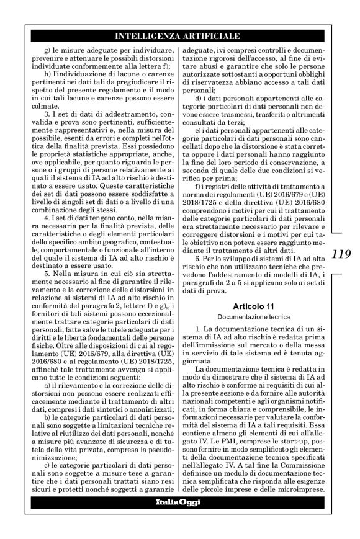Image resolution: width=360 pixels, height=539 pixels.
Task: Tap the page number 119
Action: pyautogui.click(x=343, y=253)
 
